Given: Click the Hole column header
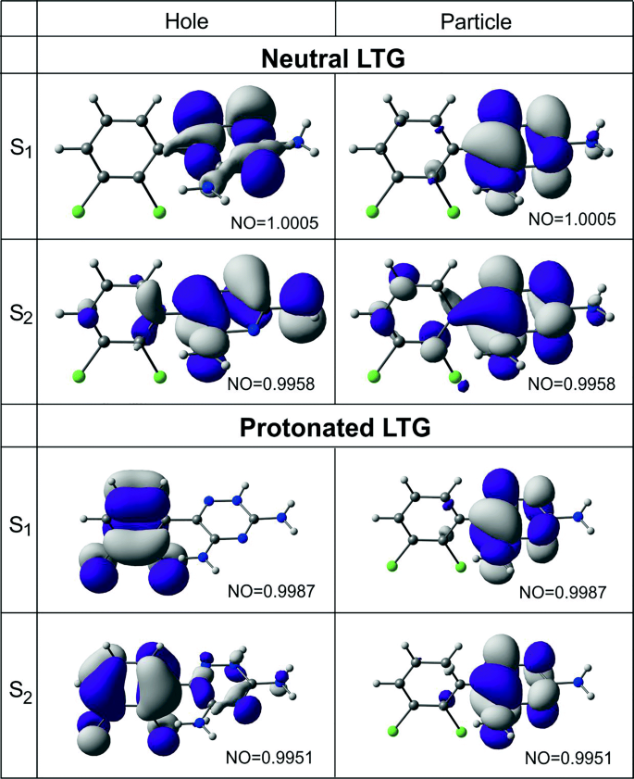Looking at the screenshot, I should [185, 19].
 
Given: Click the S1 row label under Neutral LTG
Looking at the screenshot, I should [19, 152].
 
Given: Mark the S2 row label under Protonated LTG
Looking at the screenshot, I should [19, 690].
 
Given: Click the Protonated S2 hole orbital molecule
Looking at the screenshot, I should [176, 690].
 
